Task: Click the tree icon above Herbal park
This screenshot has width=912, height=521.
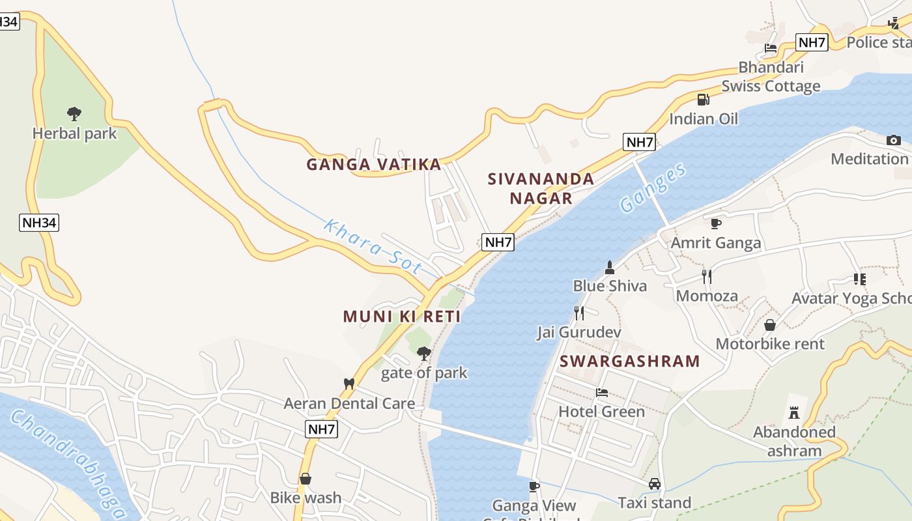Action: click(74, 114)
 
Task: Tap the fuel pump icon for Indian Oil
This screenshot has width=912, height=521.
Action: click(703, 100)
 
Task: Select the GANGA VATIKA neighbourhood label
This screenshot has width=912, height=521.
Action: click(374, 165)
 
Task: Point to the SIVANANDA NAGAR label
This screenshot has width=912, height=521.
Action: click(541, 188)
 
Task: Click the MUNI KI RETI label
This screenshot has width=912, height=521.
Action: click(402, 317)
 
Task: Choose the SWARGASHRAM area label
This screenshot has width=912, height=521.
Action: click(629, 361)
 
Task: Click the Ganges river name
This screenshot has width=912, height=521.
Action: click(653, 188)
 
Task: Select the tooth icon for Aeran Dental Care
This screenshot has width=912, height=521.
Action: click(349, 384)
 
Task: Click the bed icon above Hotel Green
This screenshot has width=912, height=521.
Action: click(602, 393)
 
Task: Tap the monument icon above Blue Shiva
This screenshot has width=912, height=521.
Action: click(610, 267)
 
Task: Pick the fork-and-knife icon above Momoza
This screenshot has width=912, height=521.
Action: click(707, 277)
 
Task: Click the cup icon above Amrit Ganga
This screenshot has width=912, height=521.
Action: click(716, 224)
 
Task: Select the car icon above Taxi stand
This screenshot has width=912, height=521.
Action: click(655, 484)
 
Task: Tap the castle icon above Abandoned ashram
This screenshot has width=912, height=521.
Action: click(793, 412)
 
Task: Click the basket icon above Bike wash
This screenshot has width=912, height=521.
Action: click(305, 479)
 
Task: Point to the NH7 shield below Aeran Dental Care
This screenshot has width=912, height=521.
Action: click(322, 429)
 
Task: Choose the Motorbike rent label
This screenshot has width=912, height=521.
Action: click(770, 344)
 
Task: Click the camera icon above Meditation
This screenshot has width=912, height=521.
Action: click(894, 140)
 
